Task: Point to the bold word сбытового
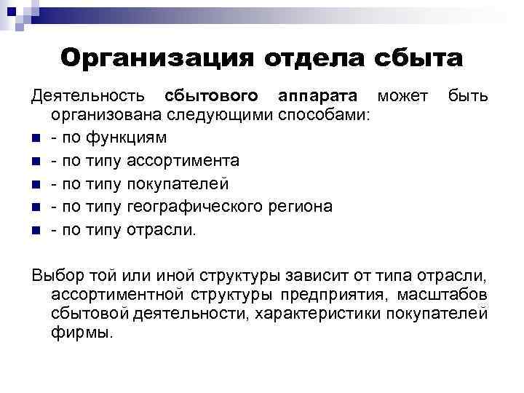point(211,97)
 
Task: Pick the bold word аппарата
point(317,97)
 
